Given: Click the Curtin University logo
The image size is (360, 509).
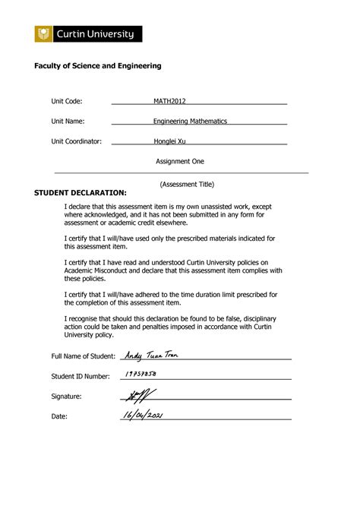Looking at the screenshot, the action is (88, 34).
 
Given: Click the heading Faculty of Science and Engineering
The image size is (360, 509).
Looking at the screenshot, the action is (98, 67).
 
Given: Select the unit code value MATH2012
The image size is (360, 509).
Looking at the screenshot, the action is (170, 101).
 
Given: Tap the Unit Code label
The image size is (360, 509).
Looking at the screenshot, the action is (66, 101).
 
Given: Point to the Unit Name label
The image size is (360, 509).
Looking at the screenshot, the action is (68, 122).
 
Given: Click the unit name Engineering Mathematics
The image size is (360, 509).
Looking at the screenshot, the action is (190, 122).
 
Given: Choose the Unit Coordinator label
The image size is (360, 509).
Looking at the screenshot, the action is (76, 141).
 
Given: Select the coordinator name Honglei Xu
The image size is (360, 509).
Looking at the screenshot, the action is (170, 141).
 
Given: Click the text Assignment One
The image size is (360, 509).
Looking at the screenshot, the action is (180, 161).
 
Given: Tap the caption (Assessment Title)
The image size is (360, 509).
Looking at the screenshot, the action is (187, 184).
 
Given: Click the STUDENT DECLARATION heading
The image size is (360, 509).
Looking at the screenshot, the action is (81, 193).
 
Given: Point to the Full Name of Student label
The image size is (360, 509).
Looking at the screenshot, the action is (83, 356).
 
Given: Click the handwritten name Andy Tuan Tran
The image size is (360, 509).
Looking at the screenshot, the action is (152, 355).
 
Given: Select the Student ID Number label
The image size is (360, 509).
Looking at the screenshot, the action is (81, 376).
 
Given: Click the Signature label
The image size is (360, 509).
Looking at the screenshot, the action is (66, 397).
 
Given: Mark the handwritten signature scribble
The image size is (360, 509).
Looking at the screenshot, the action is (137, 394).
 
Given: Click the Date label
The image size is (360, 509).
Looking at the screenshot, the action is (59, 416).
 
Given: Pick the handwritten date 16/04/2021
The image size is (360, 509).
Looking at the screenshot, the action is (142, 415).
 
